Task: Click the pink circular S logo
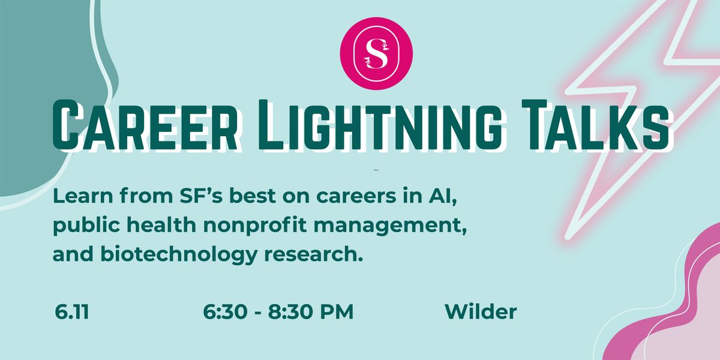[x=376, y=53]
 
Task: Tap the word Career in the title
[x=145, y=125]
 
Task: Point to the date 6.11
[x=72, y=312]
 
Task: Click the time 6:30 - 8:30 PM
[x=278, y=312]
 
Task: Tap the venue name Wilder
[x=481, y=311]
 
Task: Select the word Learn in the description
[x=83, y=196]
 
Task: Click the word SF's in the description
[x=201, y=196]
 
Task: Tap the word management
[x=390, y=226]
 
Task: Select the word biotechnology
[x=179, y=254]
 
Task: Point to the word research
[x=313, y=254]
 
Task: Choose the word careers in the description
[x=356, y=196]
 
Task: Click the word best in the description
[x=253, y=196]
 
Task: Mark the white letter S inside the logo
[x=376, y=53]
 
